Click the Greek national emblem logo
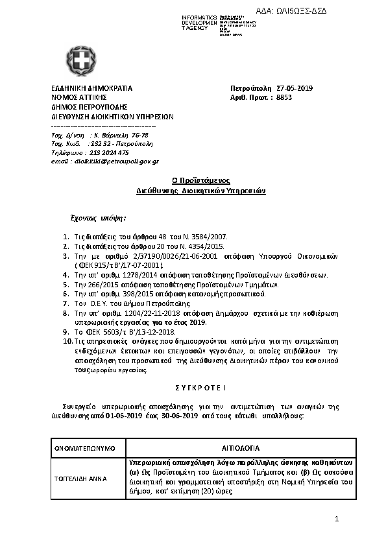[81, 61]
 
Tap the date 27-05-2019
[295, 88]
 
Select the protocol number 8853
[284, 98]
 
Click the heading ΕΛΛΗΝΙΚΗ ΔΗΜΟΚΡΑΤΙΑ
[91, 88]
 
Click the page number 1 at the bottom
[337, 519]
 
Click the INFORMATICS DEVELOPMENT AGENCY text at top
[199, 23]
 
